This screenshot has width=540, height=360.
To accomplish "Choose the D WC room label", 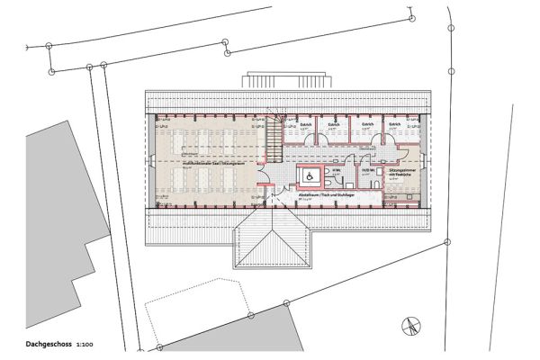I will [369, 169].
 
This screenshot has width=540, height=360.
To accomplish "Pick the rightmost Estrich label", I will [394, 125].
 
